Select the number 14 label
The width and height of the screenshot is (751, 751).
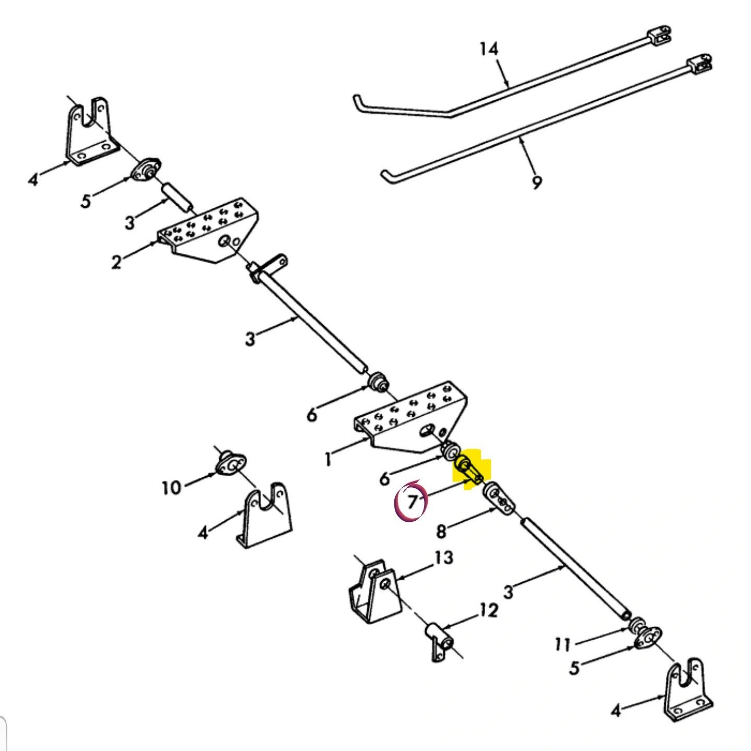[489, 50]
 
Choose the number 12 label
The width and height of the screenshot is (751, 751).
[488, 611]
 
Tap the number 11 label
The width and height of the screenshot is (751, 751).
[562, 644]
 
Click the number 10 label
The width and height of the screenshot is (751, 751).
[171, 487]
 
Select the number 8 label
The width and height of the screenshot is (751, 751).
[441, 531]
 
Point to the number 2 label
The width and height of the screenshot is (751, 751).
[116, 262]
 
